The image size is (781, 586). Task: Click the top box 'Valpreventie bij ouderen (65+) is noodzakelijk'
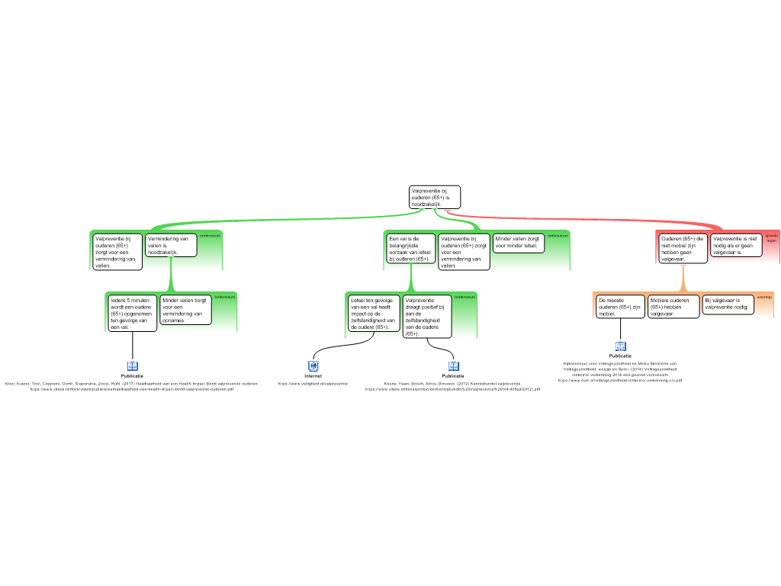coord(435,197)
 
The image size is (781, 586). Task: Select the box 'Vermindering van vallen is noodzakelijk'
coord(171,245)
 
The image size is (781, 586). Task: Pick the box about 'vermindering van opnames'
coord(185,310)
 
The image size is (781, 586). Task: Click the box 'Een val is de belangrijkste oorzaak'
coord(410,249)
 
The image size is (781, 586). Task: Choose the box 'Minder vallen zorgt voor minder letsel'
coord(519,243)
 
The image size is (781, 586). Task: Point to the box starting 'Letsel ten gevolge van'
coord(374,313)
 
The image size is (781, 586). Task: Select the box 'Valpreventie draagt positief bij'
coord(427,316)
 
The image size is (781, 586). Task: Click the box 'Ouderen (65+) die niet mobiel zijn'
coord(683,248)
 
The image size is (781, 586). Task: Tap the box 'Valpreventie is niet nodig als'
coord(734,245)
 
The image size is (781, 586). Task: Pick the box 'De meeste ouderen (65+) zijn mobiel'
coord(619,306)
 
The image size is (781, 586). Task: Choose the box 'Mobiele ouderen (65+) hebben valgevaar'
coord(672,306)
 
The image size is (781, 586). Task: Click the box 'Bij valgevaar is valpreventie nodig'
coord(728,304)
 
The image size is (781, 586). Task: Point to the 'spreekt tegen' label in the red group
coord(771,238)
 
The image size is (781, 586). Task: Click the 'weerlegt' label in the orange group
coord(764,296)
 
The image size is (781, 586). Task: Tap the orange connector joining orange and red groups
coord(683,278)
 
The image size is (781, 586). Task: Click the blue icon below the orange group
coord(620,346)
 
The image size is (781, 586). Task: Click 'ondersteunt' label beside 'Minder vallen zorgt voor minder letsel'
coord(558,236)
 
